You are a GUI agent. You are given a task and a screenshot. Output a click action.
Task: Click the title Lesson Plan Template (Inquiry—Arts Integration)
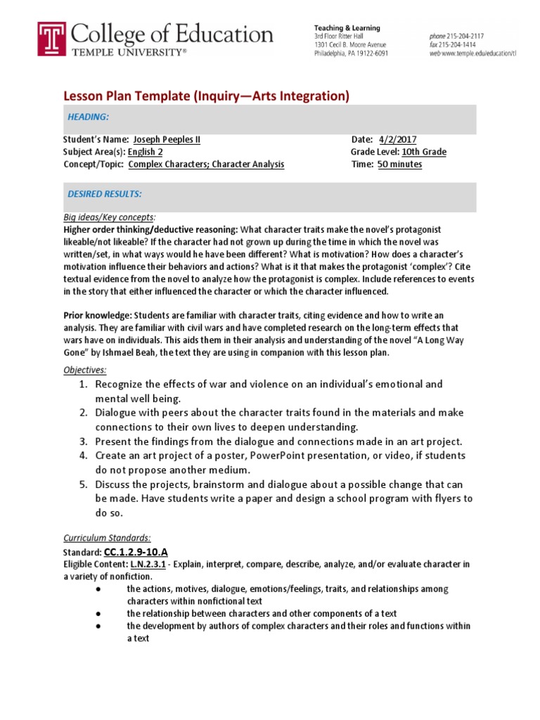pyautogui.click(x=207, y=96)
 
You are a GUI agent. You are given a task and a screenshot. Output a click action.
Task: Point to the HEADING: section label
pyautogui.click(x=88, y=116)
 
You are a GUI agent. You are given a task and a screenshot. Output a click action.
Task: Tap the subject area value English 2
pyautogui.click(x=143, y=152)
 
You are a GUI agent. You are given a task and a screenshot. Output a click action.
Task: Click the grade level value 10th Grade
pyautogui.click(x=424, y=152)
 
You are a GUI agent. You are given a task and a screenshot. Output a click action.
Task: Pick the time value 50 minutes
pyautogui.click(x=399, y=165)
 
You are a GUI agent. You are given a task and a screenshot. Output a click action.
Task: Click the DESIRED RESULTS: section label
pyautogui.click(x=104, y=193)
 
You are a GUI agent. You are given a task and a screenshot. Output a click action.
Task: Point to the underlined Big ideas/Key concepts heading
pyautogui.click(x=109, y=217)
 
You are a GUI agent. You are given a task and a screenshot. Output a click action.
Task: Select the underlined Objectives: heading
pyautogui.click(x=84, y=370)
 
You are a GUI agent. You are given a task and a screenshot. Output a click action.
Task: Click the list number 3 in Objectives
pyautogui.click(x=83, y=442)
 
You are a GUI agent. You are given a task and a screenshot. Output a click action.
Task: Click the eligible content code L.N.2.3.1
pyautogui.click(x=144, y=565)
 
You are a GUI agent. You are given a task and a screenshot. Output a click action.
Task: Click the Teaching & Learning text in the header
pyautogui.click(x=347, y=28)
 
